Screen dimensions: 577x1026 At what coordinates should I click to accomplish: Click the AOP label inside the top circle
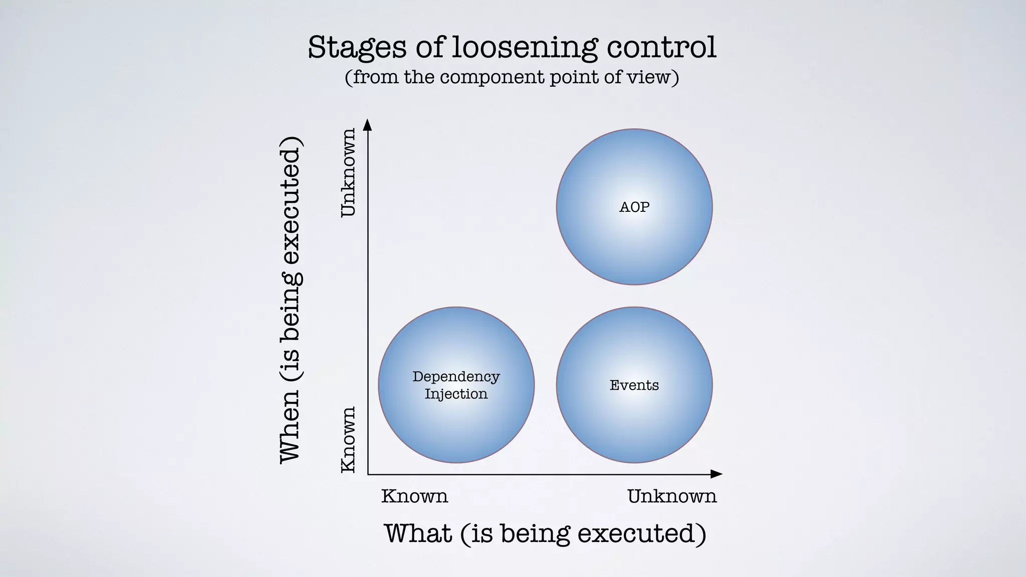point(634,207)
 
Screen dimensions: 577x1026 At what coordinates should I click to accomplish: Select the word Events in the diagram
point(634,385)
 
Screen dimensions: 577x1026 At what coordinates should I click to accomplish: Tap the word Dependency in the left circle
point(456,377)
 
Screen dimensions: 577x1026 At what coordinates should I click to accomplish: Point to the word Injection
point(456,394)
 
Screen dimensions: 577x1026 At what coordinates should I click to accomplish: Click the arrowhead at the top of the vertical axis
point(368,124)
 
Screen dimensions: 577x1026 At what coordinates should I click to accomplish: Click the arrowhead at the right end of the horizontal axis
point(717,474)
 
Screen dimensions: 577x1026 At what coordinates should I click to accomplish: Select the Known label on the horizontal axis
point(414,496)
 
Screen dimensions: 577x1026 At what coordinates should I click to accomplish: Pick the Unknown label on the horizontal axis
point(672,496)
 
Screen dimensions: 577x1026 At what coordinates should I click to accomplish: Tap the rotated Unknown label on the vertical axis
point(348,172)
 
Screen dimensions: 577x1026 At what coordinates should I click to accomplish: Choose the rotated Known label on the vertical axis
point(348,439)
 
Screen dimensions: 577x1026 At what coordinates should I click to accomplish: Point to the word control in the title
point(661,47)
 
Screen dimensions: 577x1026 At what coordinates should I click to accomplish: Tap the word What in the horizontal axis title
point(418,533)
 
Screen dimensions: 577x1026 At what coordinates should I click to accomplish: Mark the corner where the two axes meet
point(368,474)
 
